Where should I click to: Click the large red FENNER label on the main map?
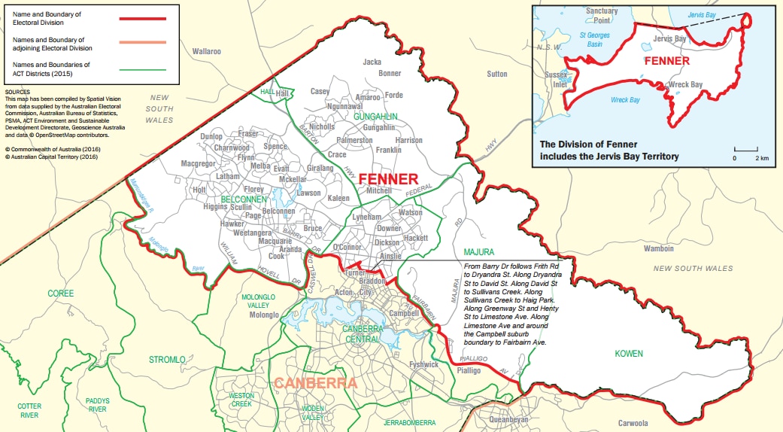(387, 179)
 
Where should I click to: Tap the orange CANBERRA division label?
(315, 383)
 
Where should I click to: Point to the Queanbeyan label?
(509, 419)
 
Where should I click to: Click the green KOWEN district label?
(629, 353)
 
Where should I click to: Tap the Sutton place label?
(496, 74)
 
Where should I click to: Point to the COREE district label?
(61, 293)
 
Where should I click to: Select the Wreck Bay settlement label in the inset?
(685, 85)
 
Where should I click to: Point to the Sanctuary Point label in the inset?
(602, 16)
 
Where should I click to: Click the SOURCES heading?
(17, 92)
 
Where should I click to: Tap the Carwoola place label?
(633, 423)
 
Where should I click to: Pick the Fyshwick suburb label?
(424, 364)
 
